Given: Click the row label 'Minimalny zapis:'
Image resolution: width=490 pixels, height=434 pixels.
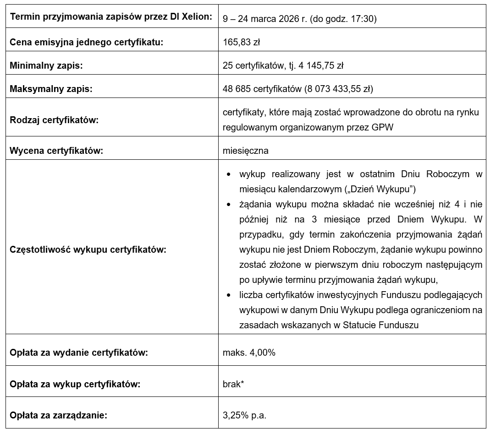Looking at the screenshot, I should (x=46, y=65).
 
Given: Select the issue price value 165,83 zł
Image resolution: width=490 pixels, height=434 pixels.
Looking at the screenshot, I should (x=241, y=43).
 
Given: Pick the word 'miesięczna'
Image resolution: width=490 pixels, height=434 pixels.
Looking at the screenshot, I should (x=246, y=151).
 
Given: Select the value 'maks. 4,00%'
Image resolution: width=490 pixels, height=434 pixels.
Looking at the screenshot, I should (x=249, y=353).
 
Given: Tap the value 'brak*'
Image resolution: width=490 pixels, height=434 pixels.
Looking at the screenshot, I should (x=233, y=384).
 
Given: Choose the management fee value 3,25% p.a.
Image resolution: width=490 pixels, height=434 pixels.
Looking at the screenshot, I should (x=244, y=416).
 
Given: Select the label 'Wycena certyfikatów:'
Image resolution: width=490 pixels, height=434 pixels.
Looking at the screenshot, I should (x=56, y=151).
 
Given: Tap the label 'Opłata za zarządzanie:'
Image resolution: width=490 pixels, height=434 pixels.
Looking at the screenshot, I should (x=58, y=416).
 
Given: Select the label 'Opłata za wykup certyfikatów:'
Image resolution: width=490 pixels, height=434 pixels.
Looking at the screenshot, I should (x=75, y=384).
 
